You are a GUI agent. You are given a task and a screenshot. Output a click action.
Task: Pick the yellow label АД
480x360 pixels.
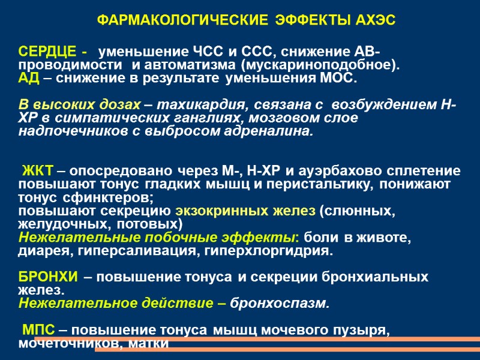(x=28, y=79)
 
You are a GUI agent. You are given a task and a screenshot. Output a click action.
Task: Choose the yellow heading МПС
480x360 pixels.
(x=39, y=330)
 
